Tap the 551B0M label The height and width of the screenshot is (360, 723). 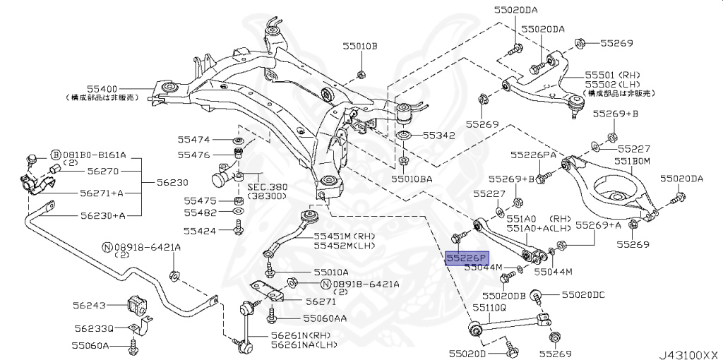(x=631, y=162)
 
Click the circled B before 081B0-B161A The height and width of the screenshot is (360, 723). (x=55, y=155)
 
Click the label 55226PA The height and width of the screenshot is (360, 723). (x=533, y=154)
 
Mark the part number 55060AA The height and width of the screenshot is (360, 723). (x=325, y=318)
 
